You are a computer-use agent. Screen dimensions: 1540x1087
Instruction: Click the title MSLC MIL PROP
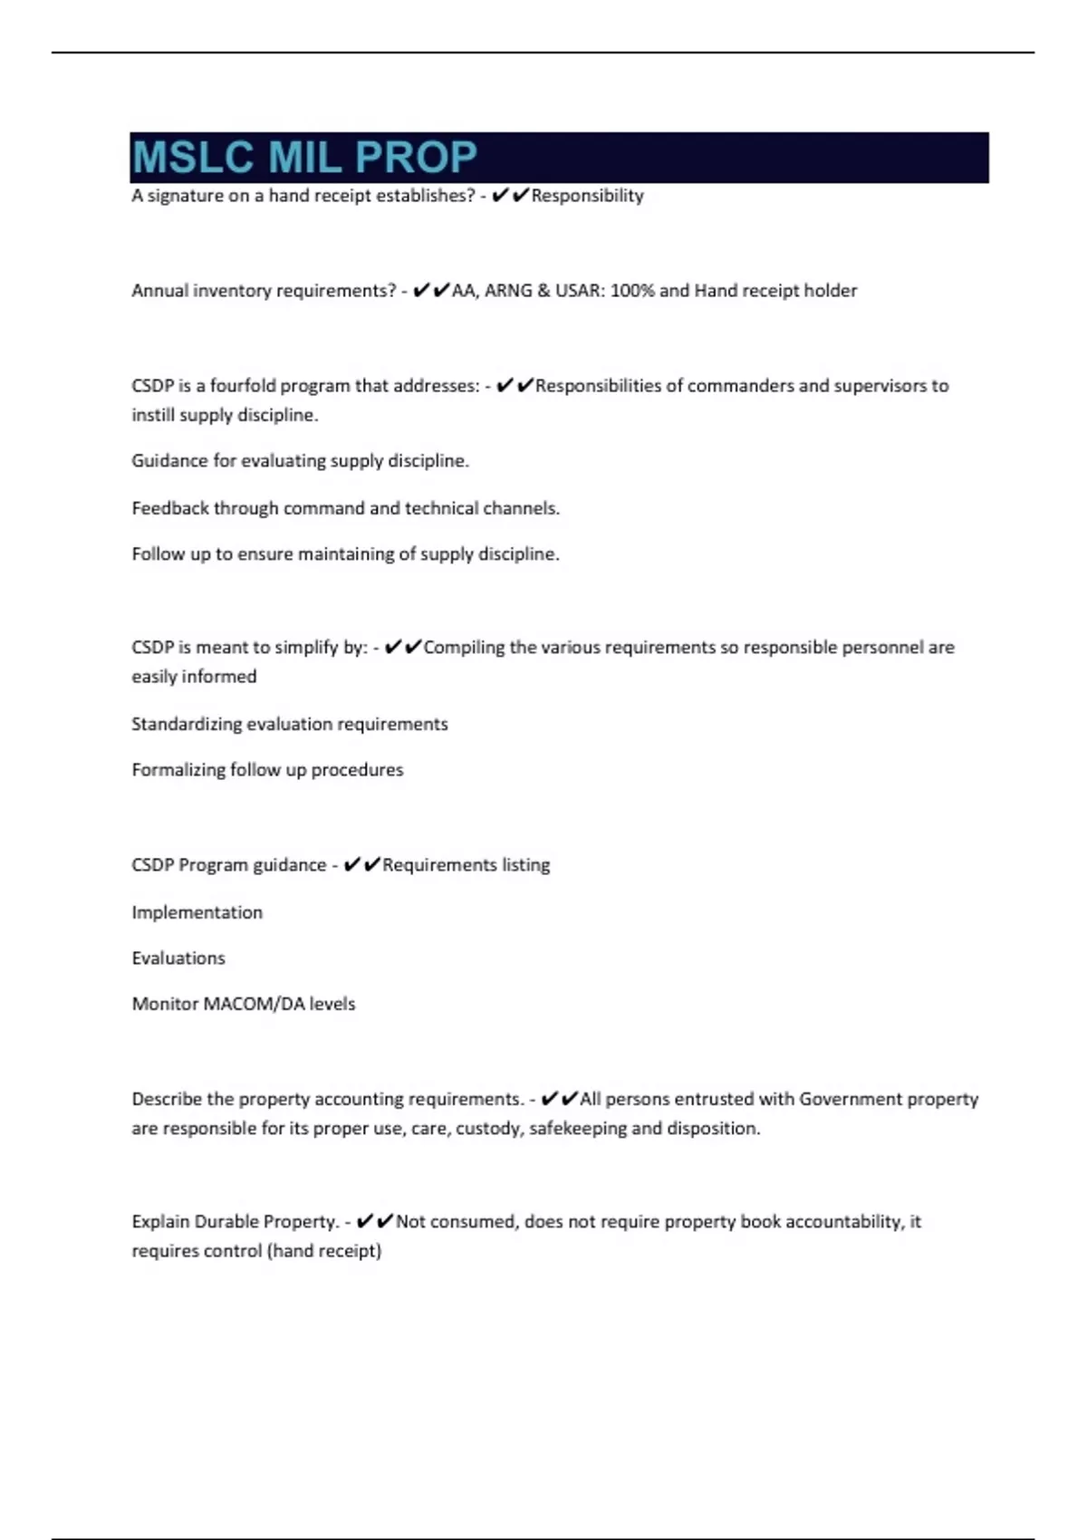click(x=304, y=157)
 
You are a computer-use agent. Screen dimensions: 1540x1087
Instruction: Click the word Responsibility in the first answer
click(x=587, y=196)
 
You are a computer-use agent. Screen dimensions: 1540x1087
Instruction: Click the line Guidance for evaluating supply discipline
click(x=300, y=461)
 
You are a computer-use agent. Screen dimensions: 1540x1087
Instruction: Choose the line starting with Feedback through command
click(x=345, y=508)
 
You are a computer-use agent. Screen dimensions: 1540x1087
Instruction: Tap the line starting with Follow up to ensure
click(x=345, y=553)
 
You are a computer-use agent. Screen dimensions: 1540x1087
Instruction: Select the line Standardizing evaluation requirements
click(x=289, y=724)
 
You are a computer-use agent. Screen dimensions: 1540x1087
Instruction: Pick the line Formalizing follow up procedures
click(x=267, y=770)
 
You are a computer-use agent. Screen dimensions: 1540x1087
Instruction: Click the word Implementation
click(x=197, y=912)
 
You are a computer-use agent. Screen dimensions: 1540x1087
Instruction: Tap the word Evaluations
click(x=178, y=958)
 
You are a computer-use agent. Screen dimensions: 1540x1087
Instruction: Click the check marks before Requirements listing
click(x=361, y=865)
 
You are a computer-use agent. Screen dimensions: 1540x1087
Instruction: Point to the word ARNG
click(x=508, y=291)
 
